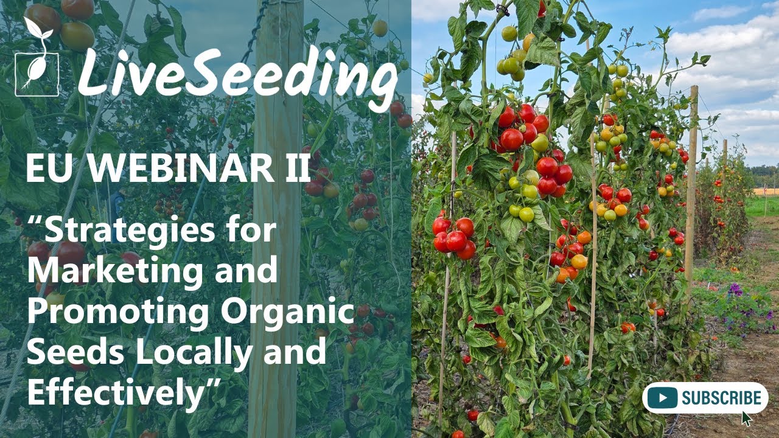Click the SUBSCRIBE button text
click(721, 398)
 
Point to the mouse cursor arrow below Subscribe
click(747, 419)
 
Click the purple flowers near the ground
click(736, 290)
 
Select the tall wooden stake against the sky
click(691, 182)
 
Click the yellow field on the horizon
click(766, 191)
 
